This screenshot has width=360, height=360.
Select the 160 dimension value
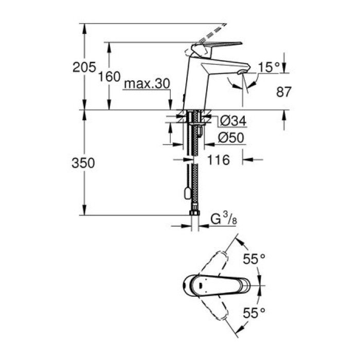[109, 77]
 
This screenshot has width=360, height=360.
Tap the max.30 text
[146, 84]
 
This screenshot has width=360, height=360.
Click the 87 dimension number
[283, 92]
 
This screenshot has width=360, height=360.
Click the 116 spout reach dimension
[218, 160]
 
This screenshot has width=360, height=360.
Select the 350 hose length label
[84, 163]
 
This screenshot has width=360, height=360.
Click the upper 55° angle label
[254, 260]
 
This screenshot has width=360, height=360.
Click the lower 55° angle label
[254, 312]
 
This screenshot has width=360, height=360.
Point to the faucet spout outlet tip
[241, 73]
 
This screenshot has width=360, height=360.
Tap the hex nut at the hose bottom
[194, 212]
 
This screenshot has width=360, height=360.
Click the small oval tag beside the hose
[186, 194]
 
